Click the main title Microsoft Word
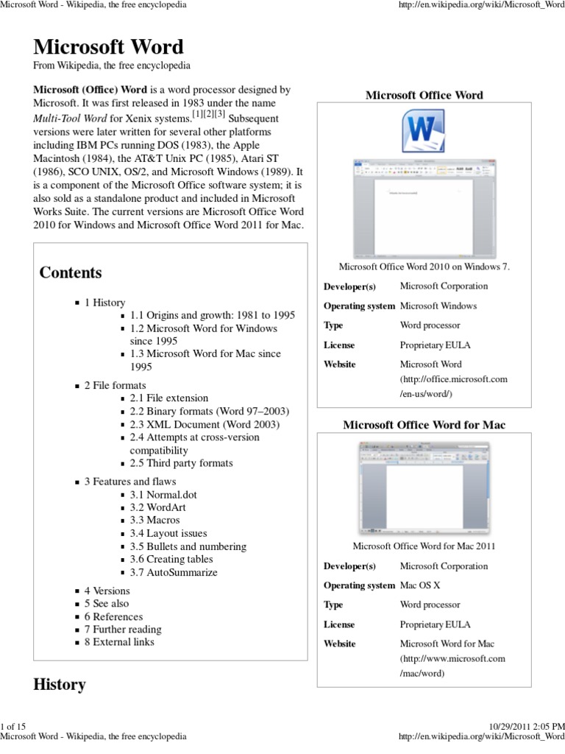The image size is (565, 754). click(x=109, y=47)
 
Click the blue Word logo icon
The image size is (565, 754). click(x=424, y=133)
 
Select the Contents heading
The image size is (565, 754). click(x=71, y=272)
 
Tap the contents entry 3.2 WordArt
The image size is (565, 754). click(x=157, y=507)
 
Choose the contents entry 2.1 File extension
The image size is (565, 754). click(x=169, y=398)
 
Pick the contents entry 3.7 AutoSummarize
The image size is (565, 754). click(x=174, y=572)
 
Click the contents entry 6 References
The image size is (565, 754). click(x=113, y=616)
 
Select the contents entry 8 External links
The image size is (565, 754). click(x=118, y=642)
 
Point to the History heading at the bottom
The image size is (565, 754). click(x=60, y=684)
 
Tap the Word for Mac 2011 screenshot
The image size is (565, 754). click(x=424, y=488)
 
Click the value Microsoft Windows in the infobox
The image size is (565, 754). click(x=438, y=306)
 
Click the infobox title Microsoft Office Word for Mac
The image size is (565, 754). click(x=424, y=425)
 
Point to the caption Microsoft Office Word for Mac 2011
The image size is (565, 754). click(x=424, y=546)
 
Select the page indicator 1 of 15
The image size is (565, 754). click(x=13, y=726)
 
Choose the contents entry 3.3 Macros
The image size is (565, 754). click(x=154, y=520)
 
